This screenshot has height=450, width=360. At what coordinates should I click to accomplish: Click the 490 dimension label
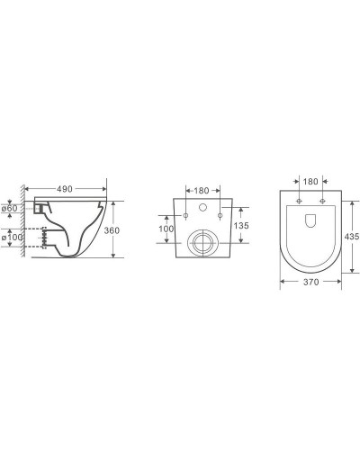65,189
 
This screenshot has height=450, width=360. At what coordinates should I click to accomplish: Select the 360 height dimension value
112,230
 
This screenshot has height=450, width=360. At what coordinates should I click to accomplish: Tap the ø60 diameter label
9,208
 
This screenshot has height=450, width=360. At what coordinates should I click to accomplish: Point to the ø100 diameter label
12,238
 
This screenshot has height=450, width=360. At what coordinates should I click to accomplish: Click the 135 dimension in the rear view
241,225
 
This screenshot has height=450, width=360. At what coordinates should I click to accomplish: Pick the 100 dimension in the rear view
166,229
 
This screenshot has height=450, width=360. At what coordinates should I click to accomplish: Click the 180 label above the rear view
202,191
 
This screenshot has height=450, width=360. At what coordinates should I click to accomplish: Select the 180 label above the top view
310,182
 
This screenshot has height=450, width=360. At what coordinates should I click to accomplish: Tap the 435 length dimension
352,237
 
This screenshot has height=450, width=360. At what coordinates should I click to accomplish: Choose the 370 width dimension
310,282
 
